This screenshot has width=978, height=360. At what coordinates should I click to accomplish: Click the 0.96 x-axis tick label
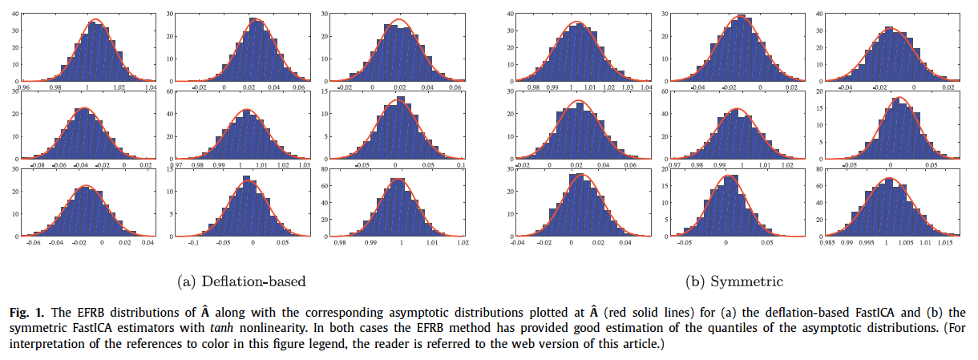click(25, 87)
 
